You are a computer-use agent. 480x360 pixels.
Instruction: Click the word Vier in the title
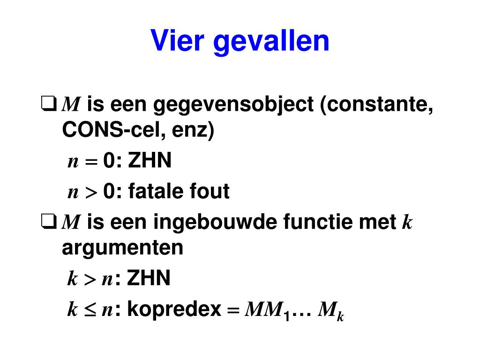pos(177,40)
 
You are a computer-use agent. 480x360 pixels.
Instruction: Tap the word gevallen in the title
pos(271,42)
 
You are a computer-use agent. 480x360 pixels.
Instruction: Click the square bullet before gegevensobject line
pos(49,104)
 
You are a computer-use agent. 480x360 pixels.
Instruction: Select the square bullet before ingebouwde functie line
pos(49,221)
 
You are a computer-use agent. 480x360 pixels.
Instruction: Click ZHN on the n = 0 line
pos(150,160)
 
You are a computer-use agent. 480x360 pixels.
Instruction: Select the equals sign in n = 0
pos(91,161)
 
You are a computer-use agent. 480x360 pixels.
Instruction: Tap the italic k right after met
pos(407,222)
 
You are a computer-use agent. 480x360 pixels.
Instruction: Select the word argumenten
pos(123,248)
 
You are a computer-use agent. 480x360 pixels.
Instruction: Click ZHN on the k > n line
pos(149,277)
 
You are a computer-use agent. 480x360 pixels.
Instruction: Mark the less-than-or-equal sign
pos(90,309)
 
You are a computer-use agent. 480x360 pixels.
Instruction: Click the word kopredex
pos(174,310)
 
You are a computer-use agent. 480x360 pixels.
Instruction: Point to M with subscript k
pos(331,311)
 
